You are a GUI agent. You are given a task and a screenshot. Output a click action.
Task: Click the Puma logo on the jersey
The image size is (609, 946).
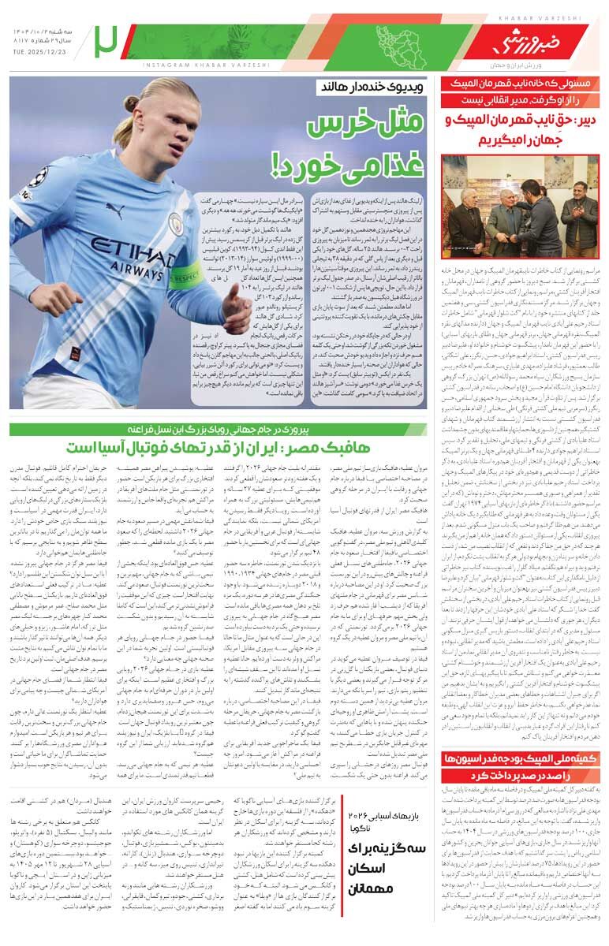click(x=115, y=210)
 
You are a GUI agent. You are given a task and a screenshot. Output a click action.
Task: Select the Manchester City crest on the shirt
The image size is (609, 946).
click(x=175, y=225)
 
